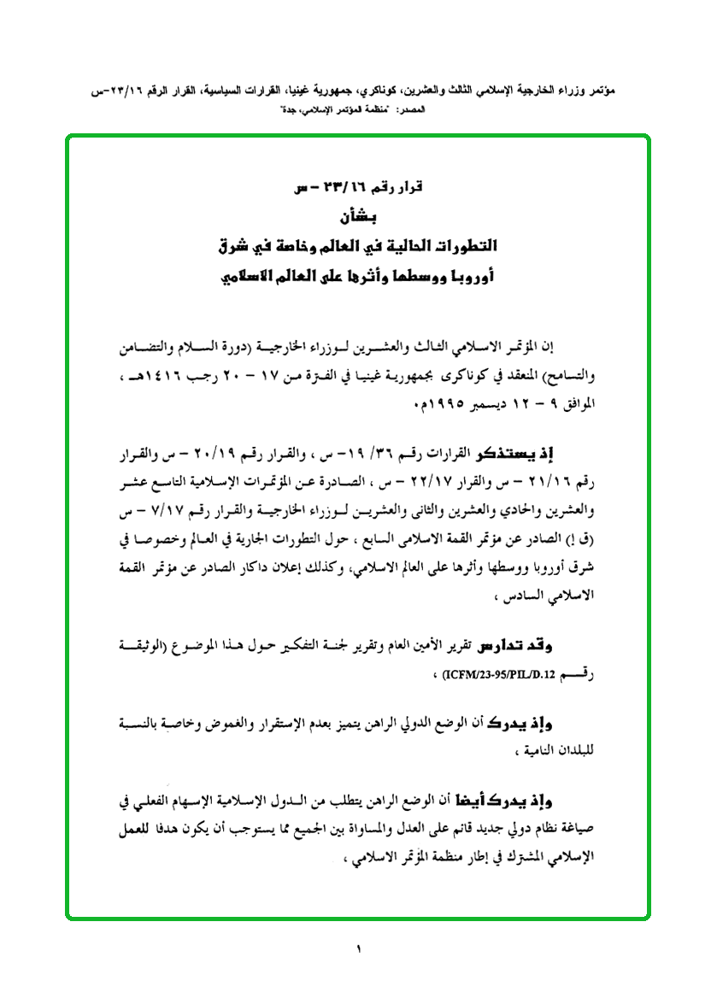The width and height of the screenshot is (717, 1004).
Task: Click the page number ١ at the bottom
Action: pyautogui.click(x=359, y=949)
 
